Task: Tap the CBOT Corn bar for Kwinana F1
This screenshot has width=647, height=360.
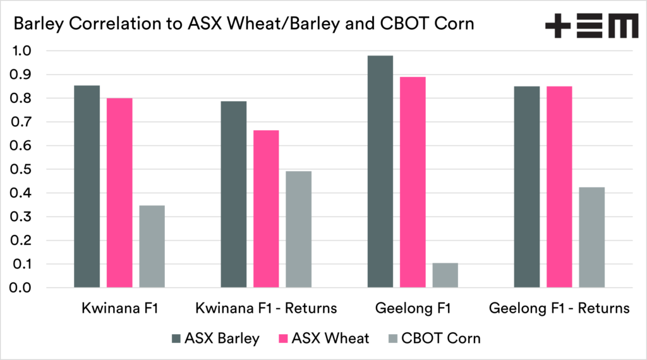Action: coord(152,247)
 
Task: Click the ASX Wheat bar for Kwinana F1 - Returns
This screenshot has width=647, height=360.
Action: coord(266,209)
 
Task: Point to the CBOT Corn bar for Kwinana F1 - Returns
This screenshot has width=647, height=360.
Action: coord(298,230)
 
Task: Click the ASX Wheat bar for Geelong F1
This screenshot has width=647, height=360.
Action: coord(413,183)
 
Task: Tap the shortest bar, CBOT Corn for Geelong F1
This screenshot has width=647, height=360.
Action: coord(445,275)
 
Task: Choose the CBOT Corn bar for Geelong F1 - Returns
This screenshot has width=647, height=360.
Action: coord(592,237)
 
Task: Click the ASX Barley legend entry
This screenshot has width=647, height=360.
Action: coord(215,339)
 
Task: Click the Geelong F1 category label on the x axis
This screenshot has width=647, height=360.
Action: coord(413,309)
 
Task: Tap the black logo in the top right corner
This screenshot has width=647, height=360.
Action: coord(591,27)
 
